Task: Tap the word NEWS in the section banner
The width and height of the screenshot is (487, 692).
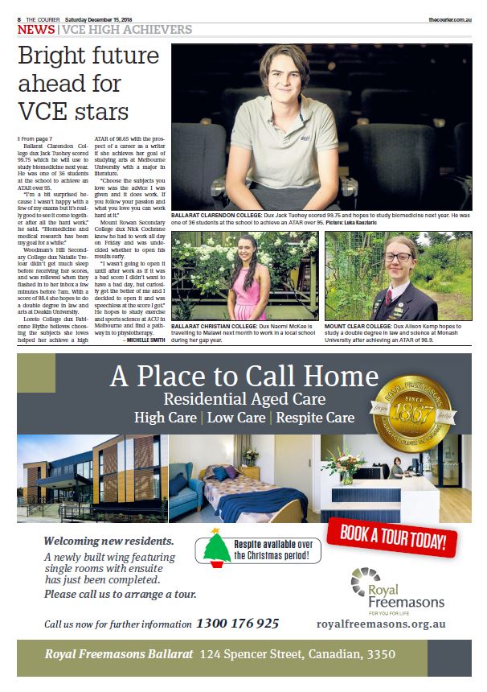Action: tap(36, 29)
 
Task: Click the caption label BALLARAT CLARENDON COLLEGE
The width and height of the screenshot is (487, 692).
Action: tap(217, 215)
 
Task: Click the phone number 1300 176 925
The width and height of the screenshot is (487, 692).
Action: tap(237, 624)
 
